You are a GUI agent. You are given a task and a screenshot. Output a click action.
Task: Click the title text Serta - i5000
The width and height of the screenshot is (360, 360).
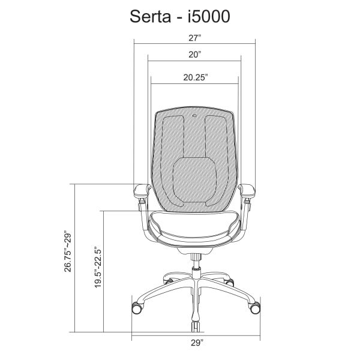pyautogui.click(x=180, y=16)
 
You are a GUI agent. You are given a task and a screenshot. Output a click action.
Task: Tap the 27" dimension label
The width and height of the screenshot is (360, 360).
pyautogui.click(x=194, y=38)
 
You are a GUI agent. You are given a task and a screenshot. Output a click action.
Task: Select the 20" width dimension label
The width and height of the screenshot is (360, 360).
pyautogui.click(x=194, y=55)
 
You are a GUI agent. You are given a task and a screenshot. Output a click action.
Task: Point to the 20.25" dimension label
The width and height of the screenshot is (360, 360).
pyautogui.click(x=196, y=77)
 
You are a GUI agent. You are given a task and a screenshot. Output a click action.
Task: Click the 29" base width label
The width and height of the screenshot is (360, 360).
pyautogui.click(x=197, y=343)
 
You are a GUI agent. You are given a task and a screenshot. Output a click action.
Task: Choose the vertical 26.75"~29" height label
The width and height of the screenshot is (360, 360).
pyautogui.click(x=68, y=251)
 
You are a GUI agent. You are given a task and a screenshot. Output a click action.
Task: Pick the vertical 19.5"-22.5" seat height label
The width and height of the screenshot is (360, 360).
pyautogui.click(x=98, y=267)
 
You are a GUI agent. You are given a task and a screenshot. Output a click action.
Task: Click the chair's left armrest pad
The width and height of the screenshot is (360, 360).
pyautogui.click(x=141, y=190)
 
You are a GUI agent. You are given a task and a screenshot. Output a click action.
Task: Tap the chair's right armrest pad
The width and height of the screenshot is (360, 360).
pyautogui.click(x=247, y=190)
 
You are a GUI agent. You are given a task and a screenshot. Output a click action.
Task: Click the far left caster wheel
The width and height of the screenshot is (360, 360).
pyautogui.click(x=137, y=308)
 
